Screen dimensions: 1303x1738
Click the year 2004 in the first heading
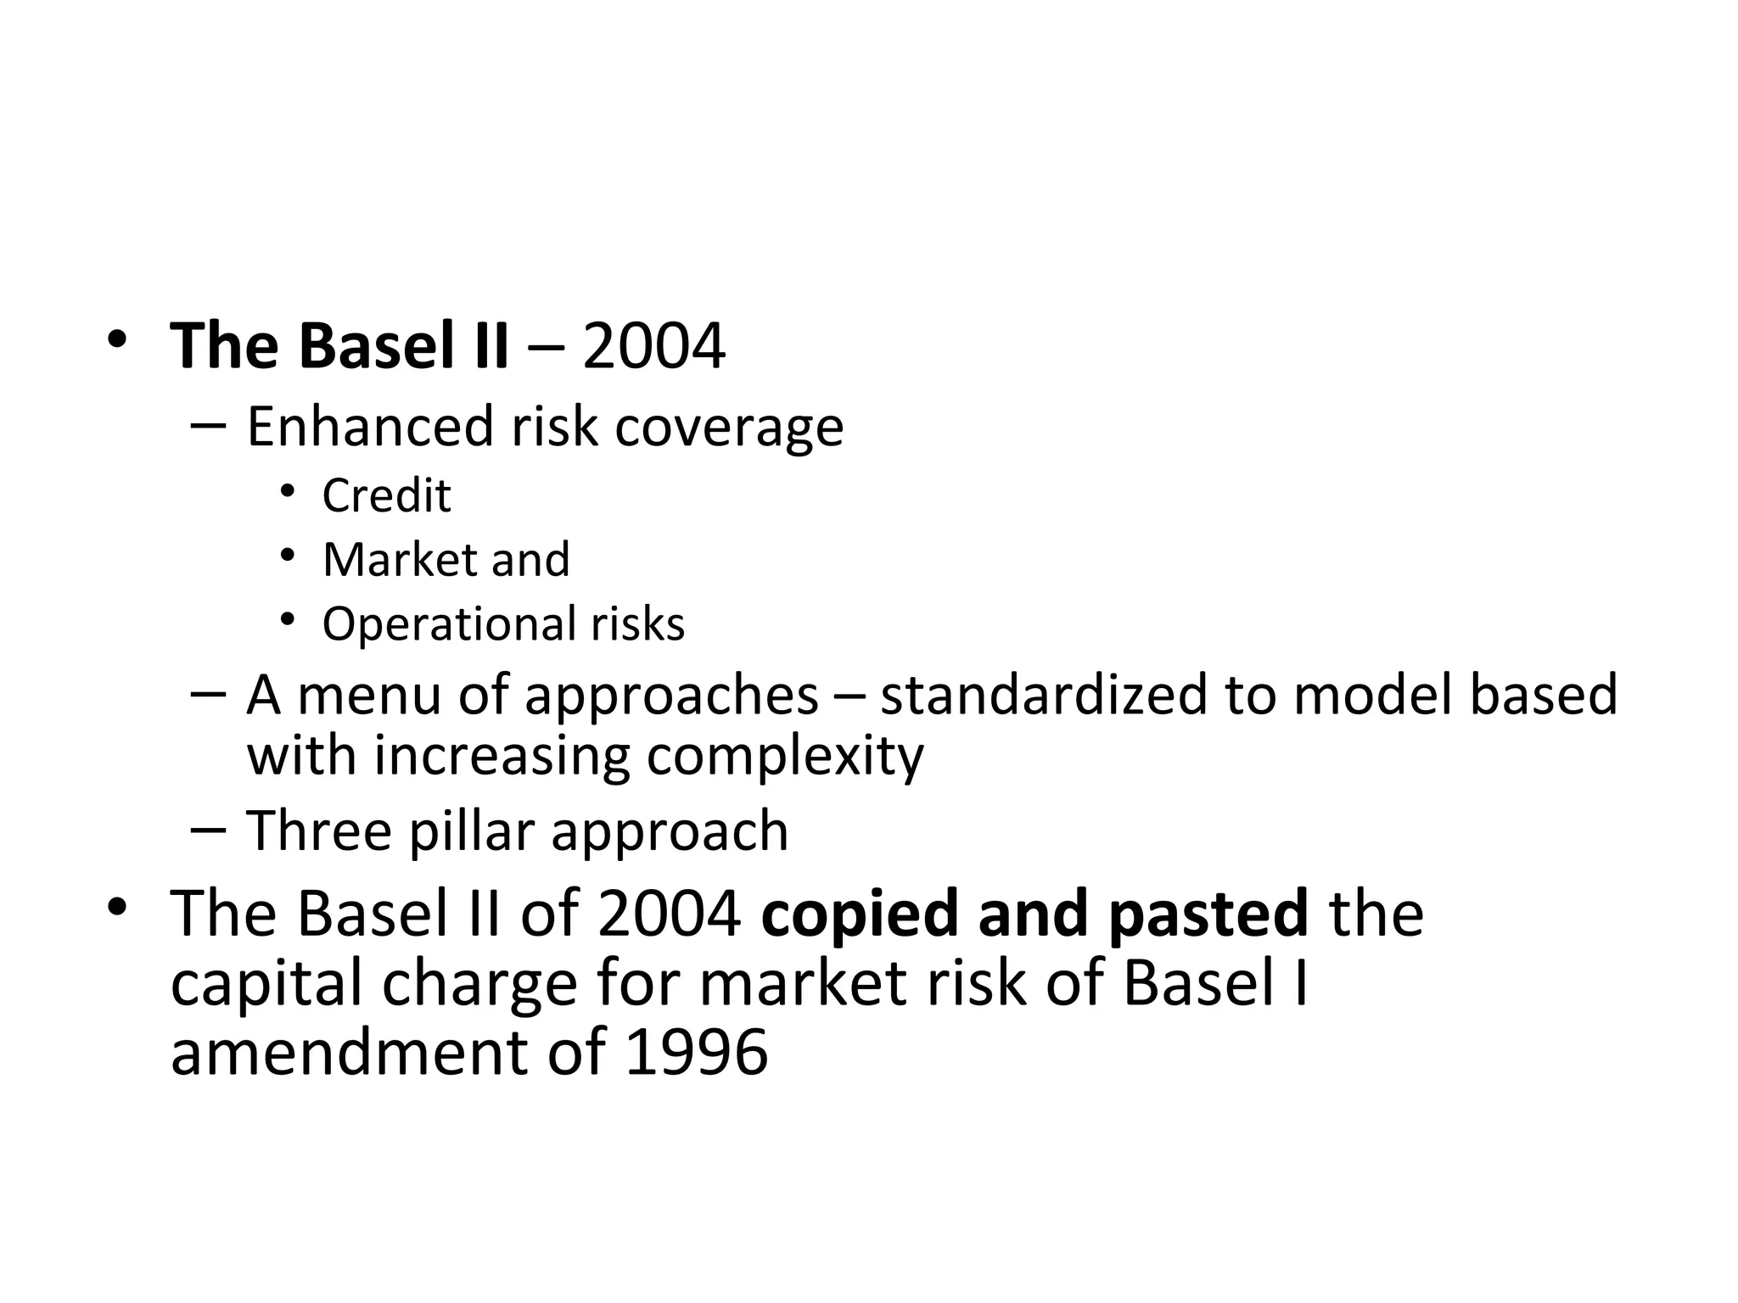[653, 347]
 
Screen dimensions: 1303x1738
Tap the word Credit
[386, 495]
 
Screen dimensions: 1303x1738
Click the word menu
[368, 695]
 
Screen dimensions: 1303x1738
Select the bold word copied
[860, 914]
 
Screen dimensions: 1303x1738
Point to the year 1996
[696, 1053]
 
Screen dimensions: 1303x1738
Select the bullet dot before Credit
[288, 491]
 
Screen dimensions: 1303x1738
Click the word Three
[318, 830]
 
